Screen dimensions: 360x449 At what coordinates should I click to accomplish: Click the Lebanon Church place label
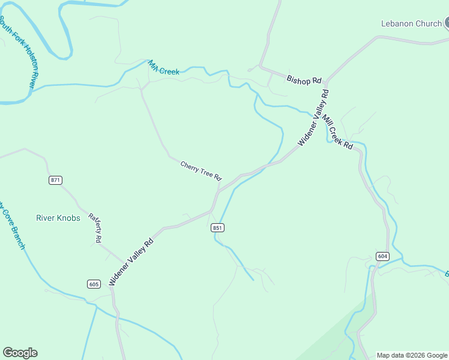click(411, 24)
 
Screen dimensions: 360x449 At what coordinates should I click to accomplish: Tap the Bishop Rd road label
click(304, 79)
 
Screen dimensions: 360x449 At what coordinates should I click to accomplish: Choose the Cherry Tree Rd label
click(201, 170)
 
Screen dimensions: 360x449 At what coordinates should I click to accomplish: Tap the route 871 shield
click(56, 180)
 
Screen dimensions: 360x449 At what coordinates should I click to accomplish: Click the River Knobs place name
click(58, 218)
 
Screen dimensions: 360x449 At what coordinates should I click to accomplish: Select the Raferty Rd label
click(95, 228)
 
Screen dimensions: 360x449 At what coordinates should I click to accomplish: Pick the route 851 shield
click(217, 227)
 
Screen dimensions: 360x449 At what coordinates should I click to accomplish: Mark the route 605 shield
click(93, 284)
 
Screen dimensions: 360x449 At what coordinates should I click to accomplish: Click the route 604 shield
click(382, 256)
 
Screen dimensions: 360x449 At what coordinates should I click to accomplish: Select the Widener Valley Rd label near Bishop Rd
click(313, 118)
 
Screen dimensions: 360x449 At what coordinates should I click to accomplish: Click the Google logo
click(20, 353)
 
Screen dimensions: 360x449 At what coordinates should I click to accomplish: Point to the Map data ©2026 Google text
click(412, 355)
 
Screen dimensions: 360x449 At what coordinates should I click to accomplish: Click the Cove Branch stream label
click(12, 225)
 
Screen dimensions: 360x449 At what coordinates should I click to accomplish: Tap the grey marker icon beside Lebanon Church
click(446, 24)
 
